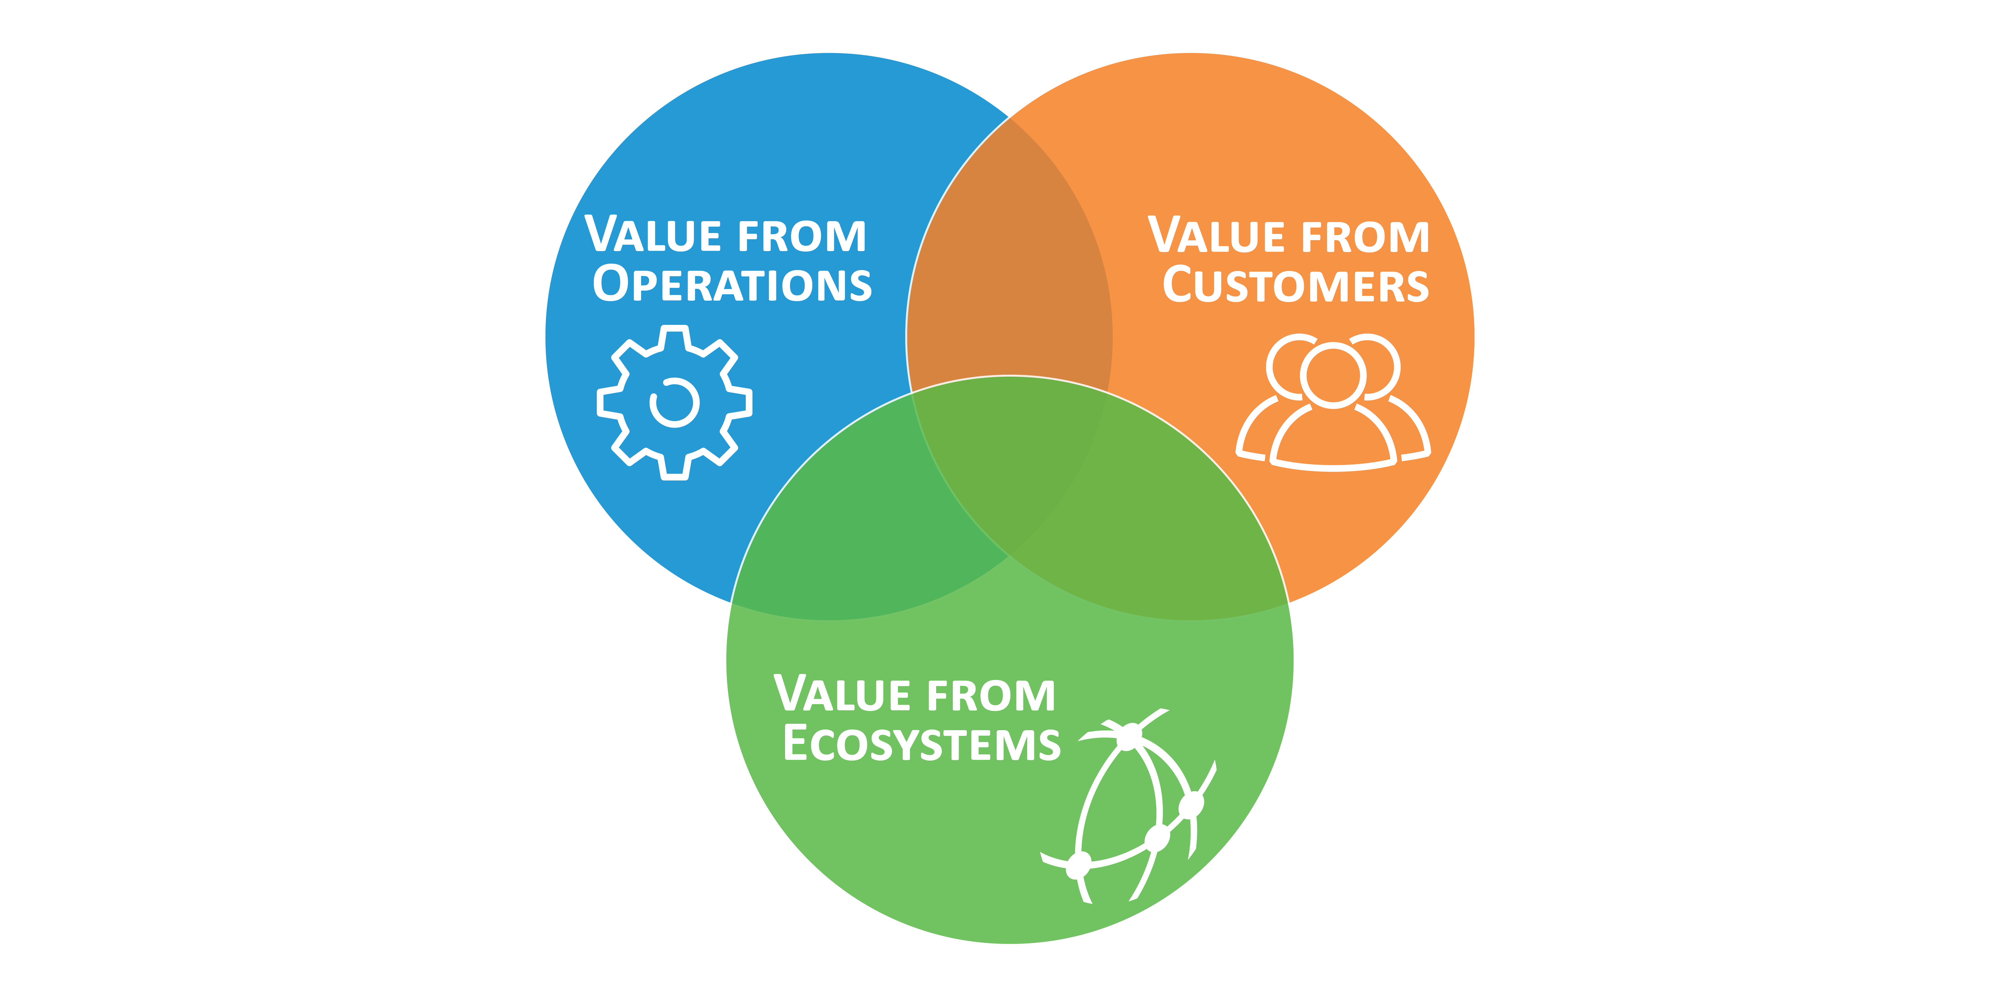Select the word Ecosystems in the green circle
pos(922,743)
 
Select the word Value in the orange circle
pos(1216,234)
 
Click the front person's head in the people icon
pos(1333,376)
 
